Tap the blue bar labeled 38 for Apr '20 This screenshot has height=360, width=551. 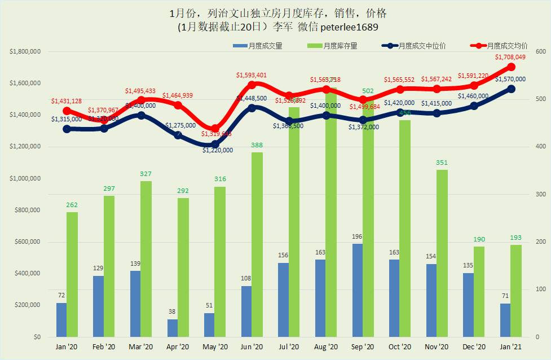point(173,328)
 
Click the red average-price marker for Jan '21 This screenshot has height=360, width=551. point(511,67)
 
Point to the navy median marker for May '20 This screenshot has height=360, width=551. point(215,144)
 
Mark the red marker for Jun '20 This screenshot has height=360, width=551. point(252,85)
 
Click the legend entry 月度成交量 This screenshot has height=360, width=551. point(265,46)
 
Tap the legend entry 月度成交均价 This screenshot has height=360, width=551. point(506,46)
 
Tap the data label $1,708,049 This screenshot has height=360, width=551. point(510,57)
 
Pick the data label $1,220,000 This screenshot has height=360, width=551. point(217,151)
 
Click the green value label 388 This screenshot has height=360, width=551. point(257,146)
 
